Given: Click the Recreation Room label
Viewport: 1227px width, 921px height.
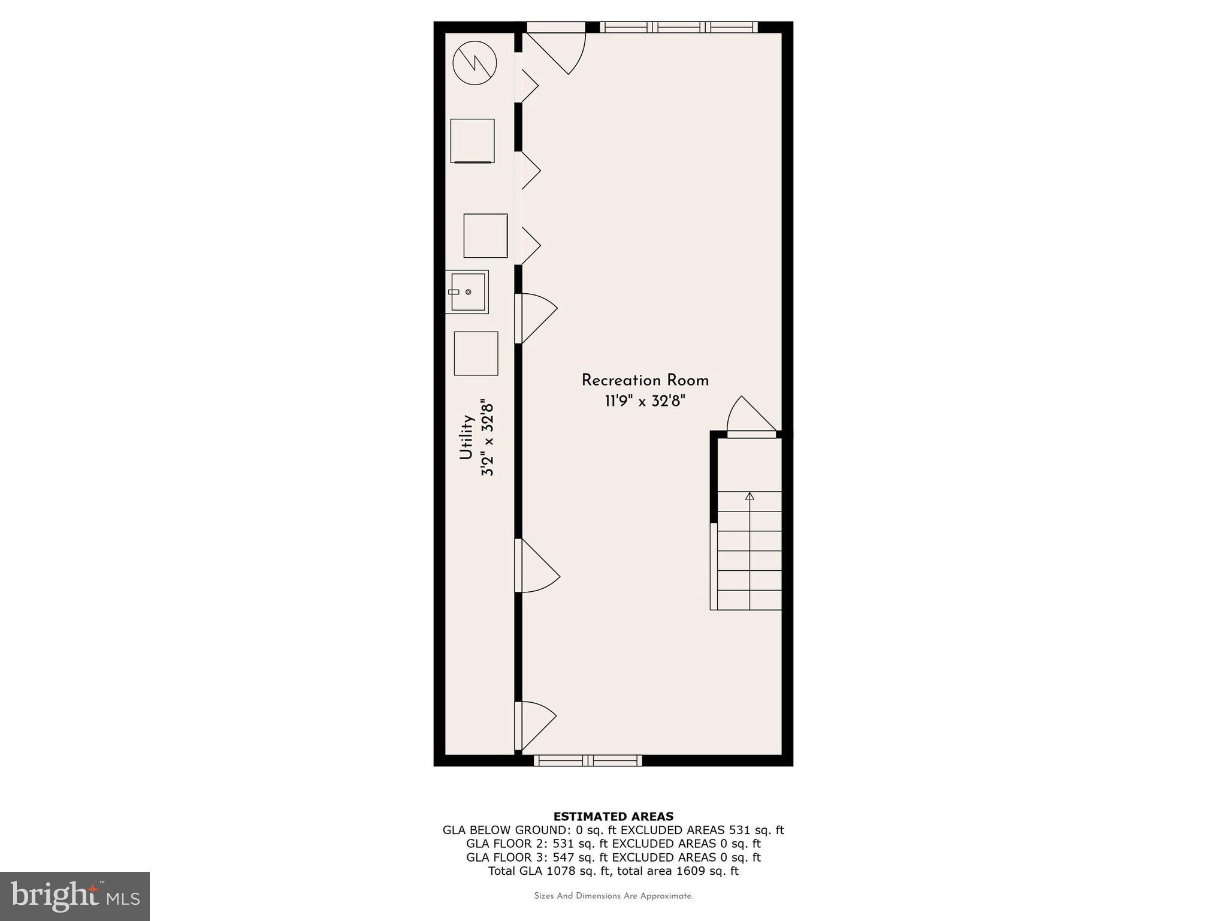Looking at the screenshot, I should click(645, 380).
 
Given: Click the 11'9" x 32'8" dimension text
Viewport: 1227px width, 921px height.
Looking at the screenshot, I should click(645, 401).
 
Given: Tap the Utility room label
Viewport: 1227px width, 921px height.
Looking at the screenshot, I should click(467, 437).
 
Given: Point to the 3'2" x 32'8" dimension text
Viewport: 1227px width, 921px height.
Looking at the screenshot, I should click(488, 438).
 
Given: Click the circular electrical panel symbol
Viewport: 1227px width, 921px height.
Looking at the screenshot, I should click(475, 63).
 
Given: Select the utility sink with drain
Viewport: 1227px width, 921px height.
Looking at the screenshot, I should click(467, 292).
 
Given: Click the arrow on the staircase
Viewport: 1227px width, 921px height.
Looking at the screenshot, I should click(750, 496).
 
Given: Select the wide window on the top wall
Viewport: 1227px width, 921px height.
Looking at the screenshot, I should click(678, 27).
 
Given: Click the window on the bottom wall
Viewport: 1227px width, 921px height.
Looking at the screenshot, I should click(588, 760).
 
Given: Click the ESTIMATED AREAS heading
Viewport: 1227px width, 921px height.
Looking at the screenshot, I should click(613, 816).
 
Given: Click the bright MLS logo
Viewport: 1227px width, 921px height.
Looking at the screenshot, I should click(75, 896).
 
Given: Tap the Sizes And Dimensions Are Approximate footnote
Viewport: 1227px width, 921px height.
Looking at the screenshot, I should click(613, 896).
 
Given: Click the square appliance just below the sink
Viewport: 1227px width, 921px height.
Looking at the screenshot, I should click(476, 353).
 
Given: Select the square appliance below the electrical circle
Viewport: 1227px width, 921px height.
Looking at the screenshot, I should click(472, 141).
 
